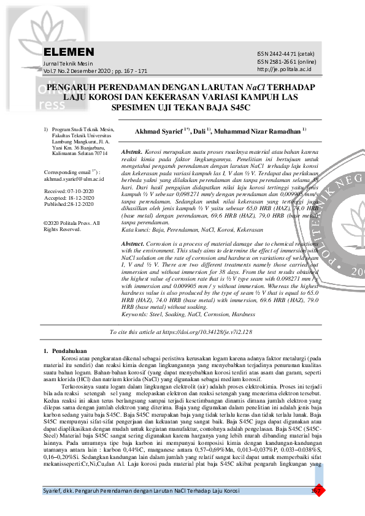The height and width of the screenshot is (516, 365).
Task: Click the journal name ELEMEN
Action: pyautogui.click(x=68, y=51)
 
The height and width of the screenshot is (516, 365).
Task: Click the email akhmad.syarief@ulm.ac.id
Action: pyautogui.click(x=74, y=180)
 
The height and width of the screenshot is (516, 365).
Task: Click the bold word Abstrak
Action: pyautogui.click(x=133, y=151)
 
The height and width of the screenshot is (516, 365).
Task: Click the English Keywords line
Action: pyautogui.click(x=188, y=314)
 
